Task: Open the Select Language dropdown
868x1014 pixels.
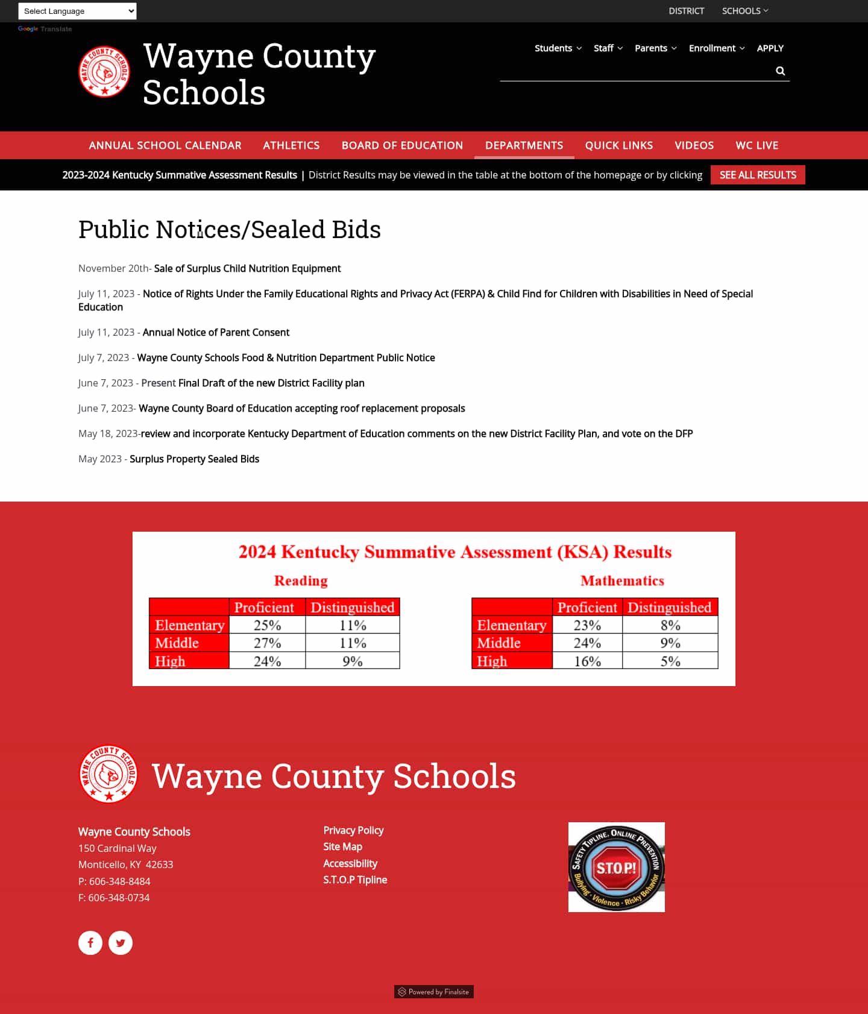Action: click(77, 11)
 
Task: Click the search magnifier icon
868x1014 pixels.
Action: click(780, 71)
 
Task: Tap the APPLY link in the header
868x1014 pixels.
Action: click(770, 48)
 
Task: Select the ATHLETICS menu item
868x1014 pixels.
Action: click(291, 145)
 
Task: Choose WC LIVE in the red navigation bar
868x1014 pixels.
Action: click(756, 145)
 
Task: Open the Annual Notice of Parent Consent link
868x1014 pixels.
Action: click(216, 332)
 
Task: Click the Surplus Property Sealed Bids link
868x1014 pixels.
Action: click(194, 459)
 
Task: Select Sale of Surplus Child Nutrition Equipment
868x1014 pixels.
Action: click(247, 268)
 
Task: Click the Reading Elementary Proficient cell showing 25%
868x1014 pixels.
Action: click(267, 625)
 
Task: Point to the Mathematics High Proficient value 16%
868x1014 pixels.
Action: click(587, 661)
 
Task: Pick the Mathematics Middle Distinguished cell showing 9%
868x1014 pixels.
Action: click(670, 643)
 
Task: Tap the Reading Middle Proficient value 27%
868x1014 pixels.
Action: click(267, 643)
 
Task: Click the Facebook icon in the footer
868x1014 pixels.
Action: click(90, 943)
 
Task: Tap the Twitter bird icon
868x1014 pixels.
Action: click(121, 943)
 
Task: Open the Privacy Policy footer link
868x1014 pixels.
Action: click(353, 830)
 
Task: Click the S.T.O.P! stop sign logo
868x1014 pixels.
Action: click(616, 868)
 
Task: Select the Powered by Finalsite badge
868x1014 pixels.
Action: click(433, 992)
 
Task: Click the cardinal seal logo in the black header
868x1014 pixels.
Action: click(104, 72)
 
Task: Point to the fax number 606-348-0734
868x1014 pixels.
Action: click(119, 898)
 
